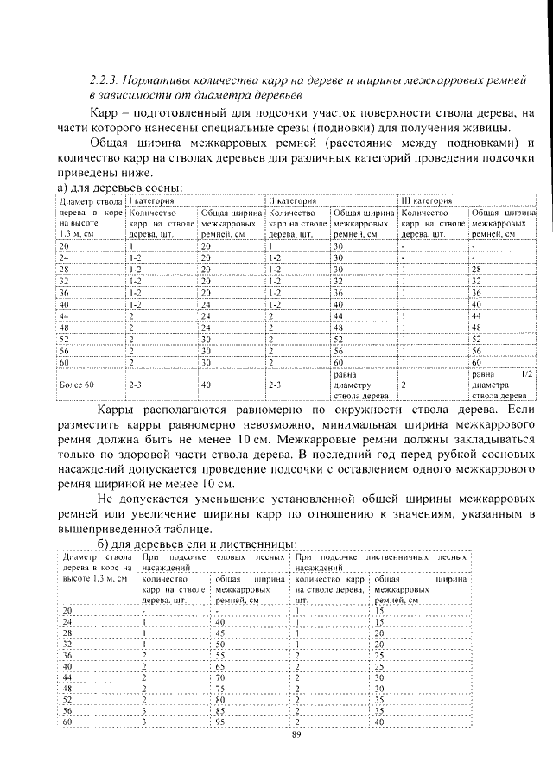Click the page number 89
[296, 734]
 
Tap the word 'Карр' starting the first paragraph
[105, 113]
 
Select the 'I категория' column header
[152, 200]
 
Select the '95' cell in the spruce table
[221, 722]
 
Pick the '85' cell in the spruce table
[221, 709]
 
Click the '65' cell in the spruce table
[221, 667]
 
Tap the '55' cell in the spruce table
[221, 656]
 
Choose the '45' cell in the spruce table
[221, 633]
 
